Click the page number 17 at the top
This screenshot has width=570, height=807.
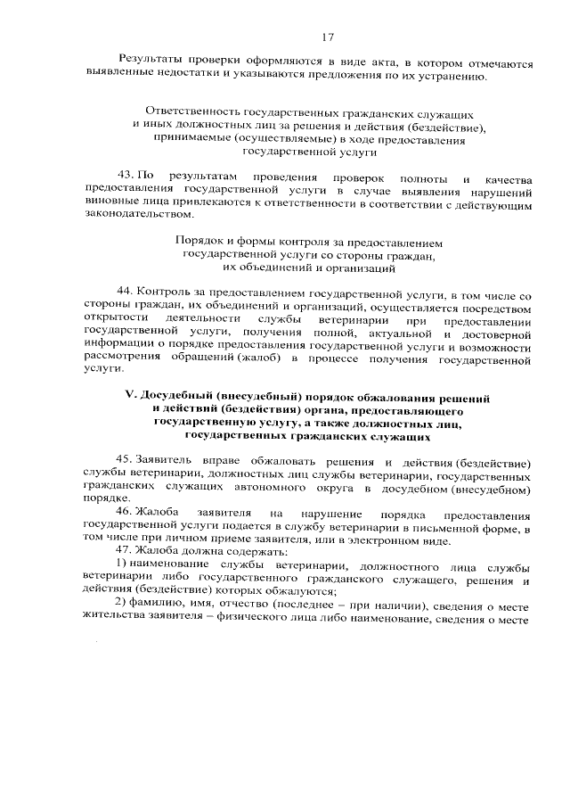tap(327, 37)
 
